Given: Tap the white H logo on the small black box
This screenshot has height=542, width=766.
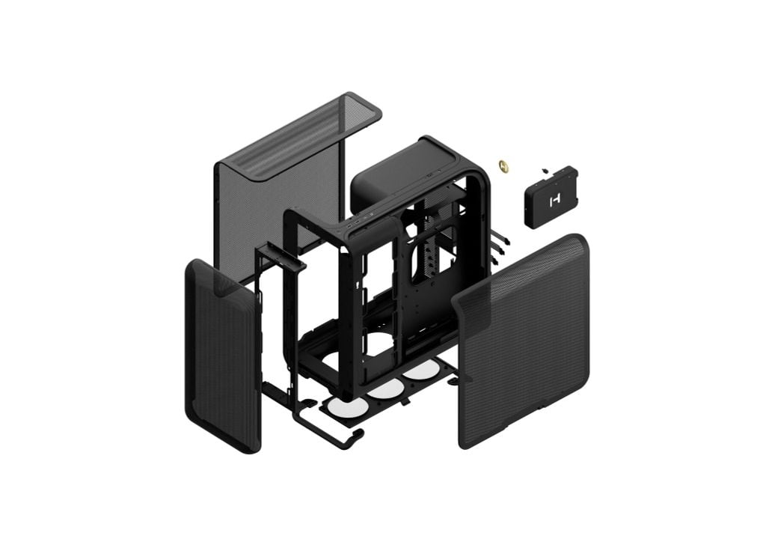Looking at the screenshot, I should click(554, 201).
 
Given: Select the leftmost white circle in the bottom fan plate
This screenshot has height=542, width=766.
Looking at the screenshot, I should click(345, 408).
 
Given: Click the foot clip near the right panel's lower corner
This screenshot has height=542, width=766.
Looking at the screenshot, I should click(450, 381).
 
